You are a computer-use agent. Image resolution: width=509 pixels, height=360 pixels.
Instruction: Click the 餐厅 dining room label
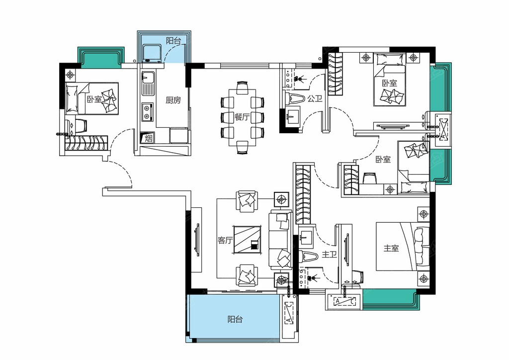(242, 117)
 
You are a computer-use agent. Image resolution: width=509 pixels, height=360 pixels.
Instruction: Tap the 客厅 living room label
(225, 241)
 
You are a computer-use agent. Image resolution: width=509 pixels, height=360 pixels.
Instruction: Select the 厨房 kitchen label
(173, 100)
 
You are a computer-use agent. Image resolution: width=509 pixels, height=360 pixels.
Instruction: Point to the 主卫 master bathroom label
(330, 255)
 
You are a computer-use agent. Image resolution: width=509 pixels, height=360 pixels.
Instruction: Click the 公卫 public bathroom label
(315, 98)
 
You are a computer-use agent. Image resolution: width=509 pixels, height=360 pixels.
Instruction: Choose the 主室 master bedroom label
(391, 248)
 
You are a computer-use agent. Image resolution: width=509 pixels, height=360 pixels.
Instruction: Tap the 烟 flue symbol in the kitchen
(148, 139)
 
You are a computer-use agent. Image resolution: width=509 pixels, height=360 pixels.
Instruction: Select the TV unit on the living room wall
(197, 240)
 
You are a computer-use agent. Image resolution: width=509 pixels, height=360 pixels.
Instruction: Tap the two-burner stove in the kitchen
(147, 112)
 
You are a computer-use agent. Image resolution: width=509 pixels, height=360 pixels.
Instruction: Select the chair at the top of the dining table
(242, 88)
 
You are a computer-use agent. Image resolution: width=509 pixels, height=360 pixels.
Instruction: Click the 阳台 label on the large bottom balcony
(235, 319)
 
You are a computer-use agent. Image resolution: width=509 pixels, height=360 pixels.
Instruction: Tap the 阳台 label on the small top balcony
(173, 41)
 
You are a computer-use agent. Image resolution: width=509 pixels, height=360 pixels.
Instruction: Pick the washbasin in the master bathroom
(306, 237)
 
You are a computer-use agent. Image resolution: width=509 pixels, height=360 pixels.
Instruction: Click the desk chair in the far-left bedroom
(81, 126)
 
